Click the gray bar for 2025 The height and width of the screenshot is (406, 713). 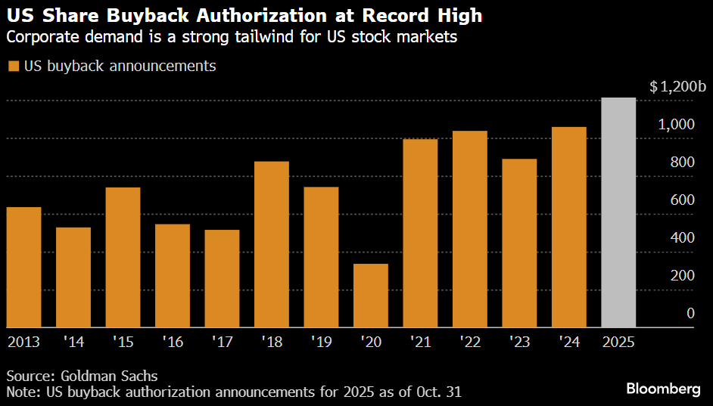pos(618,212)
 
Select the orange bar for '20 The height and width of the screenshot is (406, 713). pos(370,296)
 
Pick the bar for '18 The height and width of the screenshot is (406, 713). pos(271,244)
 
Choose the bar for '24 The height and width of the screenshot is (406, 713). pos(568,227)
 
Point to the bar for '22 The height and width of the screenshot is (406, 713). pos(469,229)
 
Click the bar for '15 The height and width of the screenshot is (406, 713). pos(123,257)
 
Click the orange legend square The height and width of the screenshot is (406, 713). pos(13,67)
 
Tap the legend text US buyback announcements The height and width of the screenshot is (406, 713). pos(120,67)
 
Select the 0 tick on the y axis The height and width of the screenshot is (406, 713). pos(690,314)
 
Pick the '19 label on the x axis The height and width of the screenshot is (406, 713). pos(321,342)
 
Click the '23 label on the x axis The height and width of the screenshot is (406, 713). pos(519,342)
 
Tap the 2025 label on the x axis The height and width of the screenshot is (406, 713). pos(618,342)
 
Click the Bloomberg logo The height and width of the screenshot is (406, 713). pos(662,389)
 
